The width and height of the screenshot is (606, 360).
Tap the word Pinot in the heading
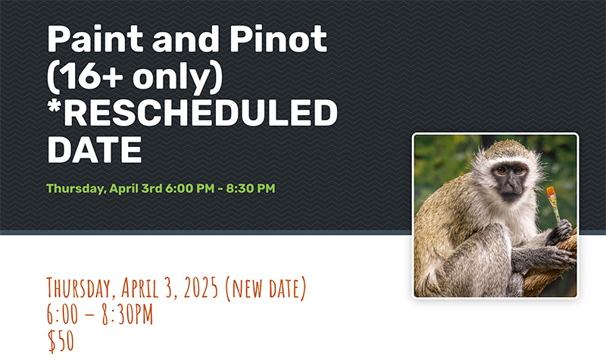(x=279, y=39)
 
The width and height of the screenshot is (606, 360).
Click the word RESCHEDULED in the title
(x=203, y=113)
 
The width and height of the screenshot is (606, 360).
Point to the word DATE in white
(x=95, y=149)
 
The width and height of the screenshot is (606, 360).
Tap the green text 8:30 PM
(x=251, y=188)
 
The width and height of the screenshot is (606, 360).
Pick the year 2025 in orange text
(x=201, y=288)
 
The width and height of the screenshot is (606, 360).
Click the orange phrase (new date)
(x=265, y=289)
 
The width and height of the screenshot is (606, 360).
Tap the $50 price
(x=61, y=340)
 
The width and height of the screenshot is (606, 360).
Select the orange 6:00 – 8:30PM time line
(x=100, y=314)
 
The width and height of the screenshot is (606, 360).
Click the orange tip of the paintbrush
(x=551, y=192)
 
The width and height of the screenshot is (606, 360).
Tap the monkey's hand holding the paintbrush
(x=560, y=231)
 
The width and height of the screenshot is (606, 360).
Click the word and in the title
(x=186, y=39)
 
